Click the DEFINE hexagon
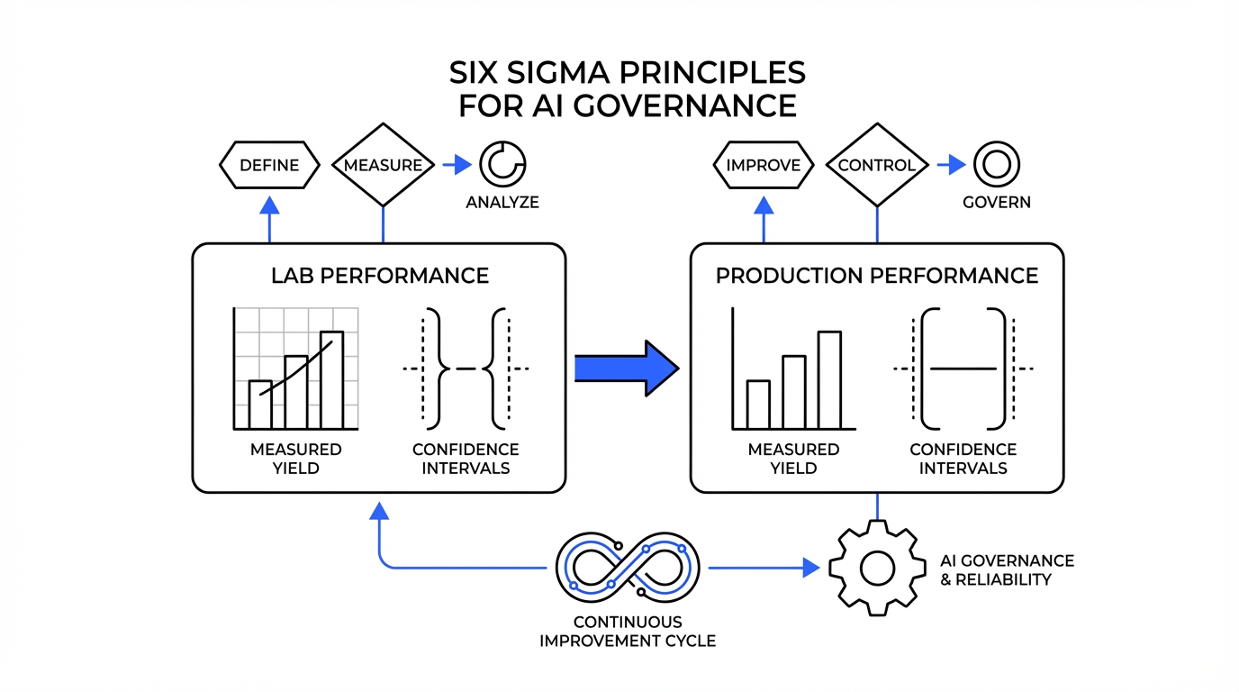coord(270,166)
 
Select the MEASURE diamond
coord(384,166)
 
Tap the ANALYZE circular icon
coord(502,165)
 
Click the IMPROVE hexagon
coord(764,166)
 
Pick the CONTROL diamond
coord(877,166)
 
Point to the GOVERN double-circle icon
coord(997,165)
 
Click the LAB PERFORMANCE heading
coord(380,276)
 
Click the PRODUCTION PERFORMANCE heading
coord(877,276)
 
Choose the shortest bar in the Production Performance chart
coord(758,404)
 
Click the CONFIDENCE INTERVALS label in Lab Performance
coord(466,459)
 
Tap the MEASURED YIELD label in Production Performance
coord(793,459)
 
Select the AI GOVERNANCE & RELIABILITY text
coord(1007,569)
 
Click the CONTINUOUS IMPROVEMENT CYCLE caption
coord(628,632)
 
